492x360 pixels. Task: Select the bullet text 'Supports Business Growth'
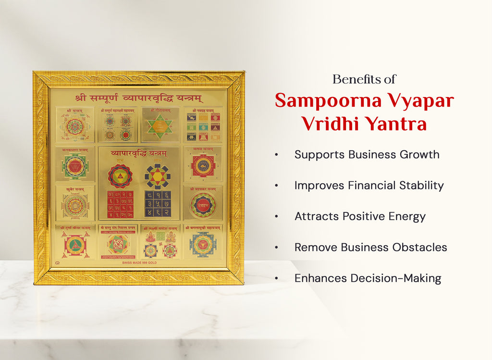click(x=367, y=155)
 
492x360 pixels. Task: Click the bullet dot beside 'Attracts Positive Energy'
click(x=276, y=217)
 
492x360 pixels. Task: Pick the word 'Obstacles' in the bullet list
click(x=419, y=248)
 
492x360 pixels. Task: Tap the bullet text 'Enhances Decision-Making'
click(x=368, y=278)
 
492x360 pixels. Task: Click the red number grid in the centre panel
click(x=120, y=204)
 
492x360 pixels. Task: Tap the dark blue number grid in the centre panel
click(x=158, y=204)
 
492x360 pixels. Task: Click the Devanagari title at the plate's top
click(x=139, y=98)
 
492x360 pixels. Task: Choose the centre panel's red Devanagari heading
click(x=139, y=153)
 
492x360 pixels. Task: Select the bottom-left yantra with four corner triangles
click(x=75, y=244)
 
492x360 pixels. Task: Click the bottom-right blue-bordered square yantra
click(x=202, y=244)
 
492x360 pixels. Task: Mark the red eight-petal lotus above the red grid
click(x=120, y=175)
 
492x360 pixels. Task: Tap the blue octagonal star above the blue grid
click(x=158, y=175)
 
